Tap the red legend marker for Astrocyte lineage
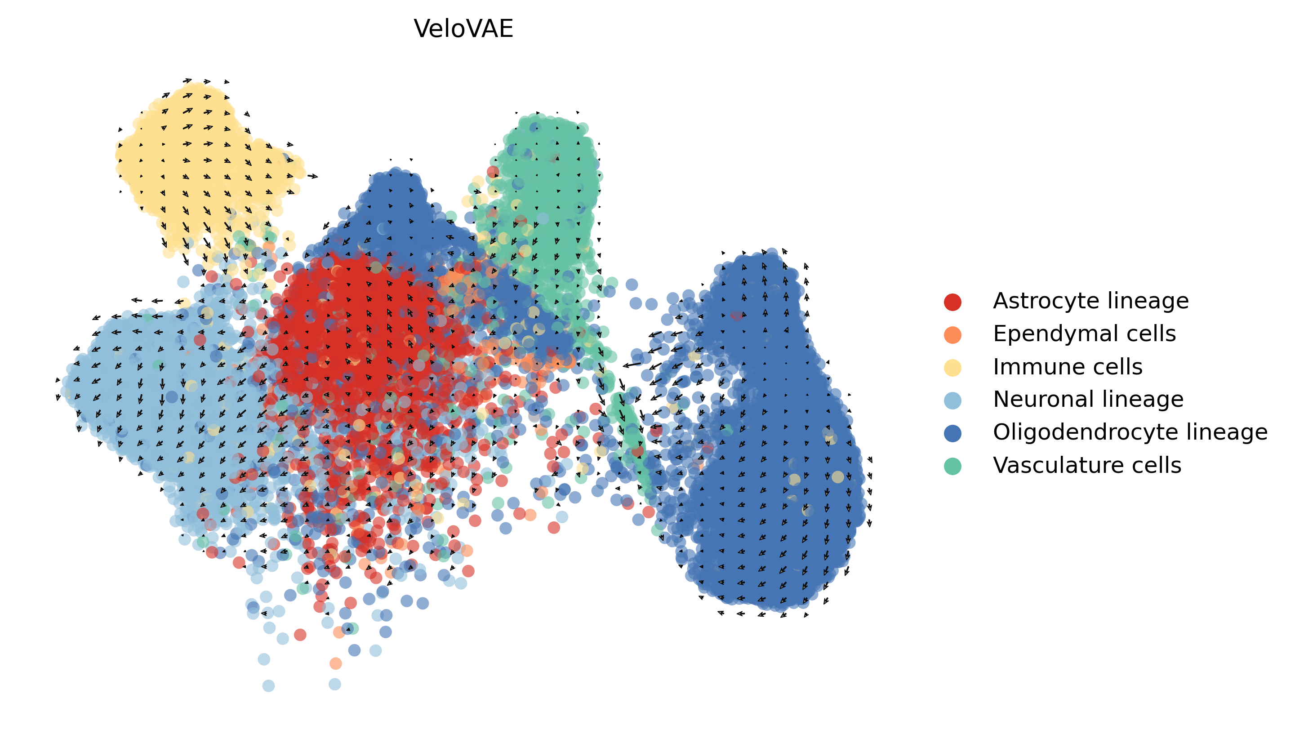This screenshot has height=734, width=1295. click(x=952, y=302)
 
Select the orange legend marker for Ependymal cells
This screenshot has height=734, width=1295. click(x=952, y=335)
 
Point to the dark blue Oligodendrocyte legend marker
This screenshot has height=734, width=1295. click(x=952, y=433)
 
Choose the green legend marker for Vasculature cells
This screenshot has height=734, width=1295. click(x=952, y=466)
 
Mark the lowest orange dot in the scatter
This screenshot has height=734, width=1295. click(x=335, y=663)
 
